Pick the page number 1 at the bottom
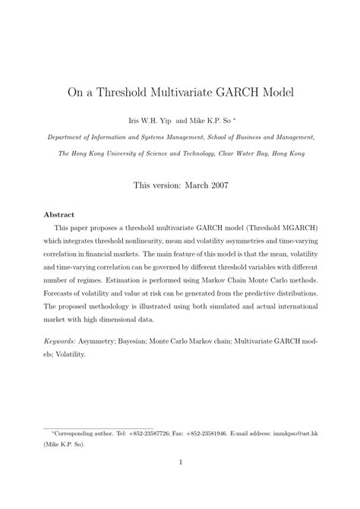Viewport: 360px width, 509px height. coord(180,482)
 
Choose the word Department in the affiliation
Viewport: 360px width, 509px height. coord(65,138)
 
